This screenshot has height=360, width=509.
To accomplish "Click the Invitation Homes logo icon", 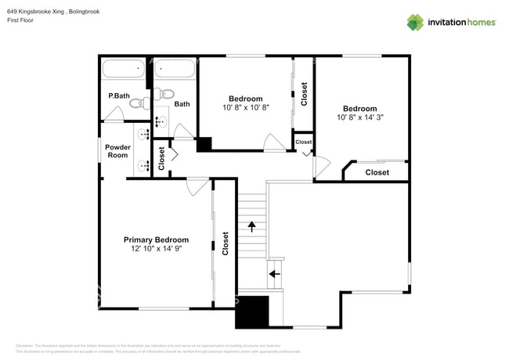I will (x=414, y=22).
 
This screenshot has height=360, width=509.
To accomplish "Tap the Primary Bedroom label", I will (x=156, y=239).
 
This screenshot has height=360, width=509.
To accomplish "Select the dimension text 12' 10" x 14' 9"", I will (x=156, y=249).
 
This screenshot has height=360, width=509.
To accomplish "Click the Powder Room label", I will (x=117, y=151).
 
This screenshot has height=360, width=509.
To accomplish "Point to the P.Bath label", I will (x=118, y=96).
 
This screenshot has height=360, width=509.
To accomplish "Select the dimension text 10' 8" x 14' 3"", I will (x=359, y=117).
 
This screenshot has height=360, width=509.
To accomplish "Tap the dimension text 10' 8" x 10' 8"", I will (x=245, y=108).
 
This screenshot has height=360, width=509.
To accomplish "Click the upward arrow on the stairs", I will (x=251, y=226).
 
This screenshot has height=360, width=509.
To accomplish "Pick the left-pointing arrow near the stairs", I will (x=274, y=274).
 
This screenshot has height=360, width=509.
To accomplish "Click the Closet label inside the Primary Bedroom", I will (x=226, y=243).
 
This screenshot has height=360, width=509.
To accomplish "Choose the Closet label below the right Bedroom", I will (x=377, y=172).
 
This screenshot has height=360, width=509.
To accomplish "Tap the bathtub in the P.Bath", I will (x=124, y=69).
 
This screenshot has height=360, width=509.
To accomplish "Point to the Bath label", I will (x=182, y=103).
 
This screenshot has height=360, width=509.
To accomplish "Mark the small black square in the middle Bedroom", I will (x=204, y=145).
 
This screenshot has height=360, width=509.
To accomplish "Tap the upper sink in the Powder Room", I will (x=144, y=135).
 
